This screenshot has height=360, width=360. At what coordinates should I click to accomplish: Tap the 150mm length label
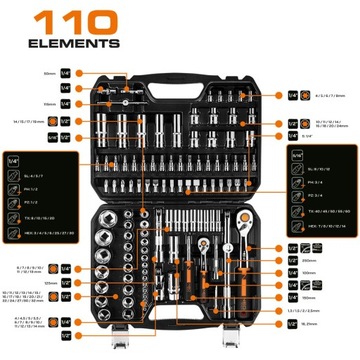(310, 297)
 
